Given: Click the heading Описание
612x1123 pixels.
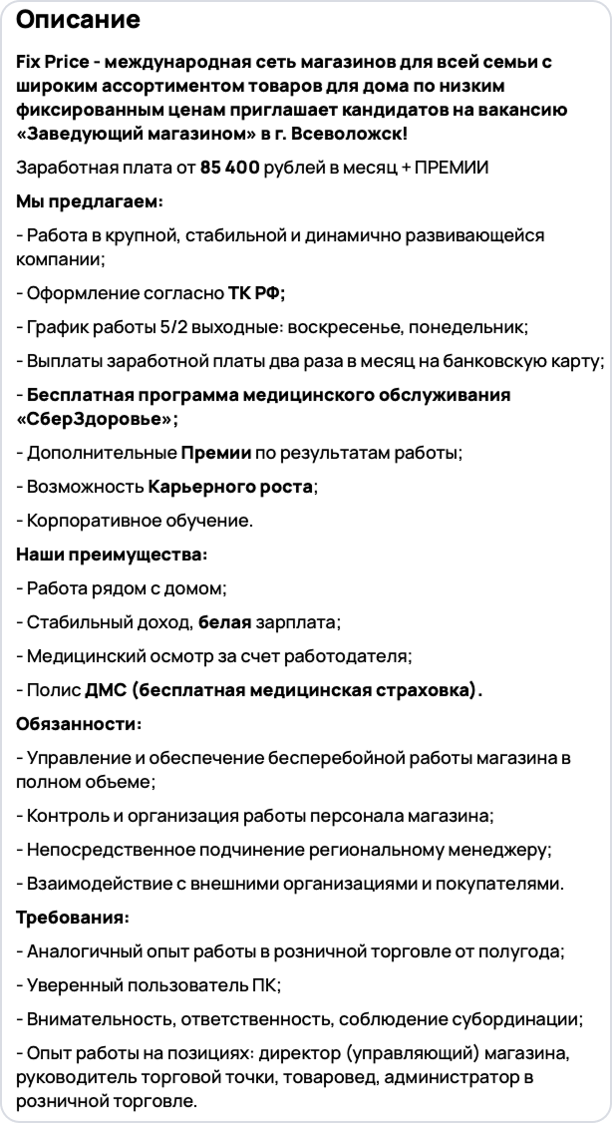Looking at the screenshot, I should [x=79, y=20].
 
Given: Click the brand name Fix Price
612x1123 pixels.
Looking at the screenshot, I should [x=49, y=62].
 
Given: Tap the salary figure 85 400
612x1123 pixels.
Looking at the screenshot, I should [x=229, y=167].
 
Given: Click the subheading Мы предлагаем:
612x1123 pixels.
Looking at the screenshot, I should [x=90, y=201].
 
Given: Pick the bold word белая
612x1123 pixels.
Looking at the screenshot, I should [x=224, y=622].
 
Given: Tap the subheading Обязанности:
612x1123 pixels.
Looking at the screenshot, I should [x=79, y=723].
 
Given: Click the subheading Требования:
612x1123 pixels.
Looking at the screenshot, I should [x=73, y=917].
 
